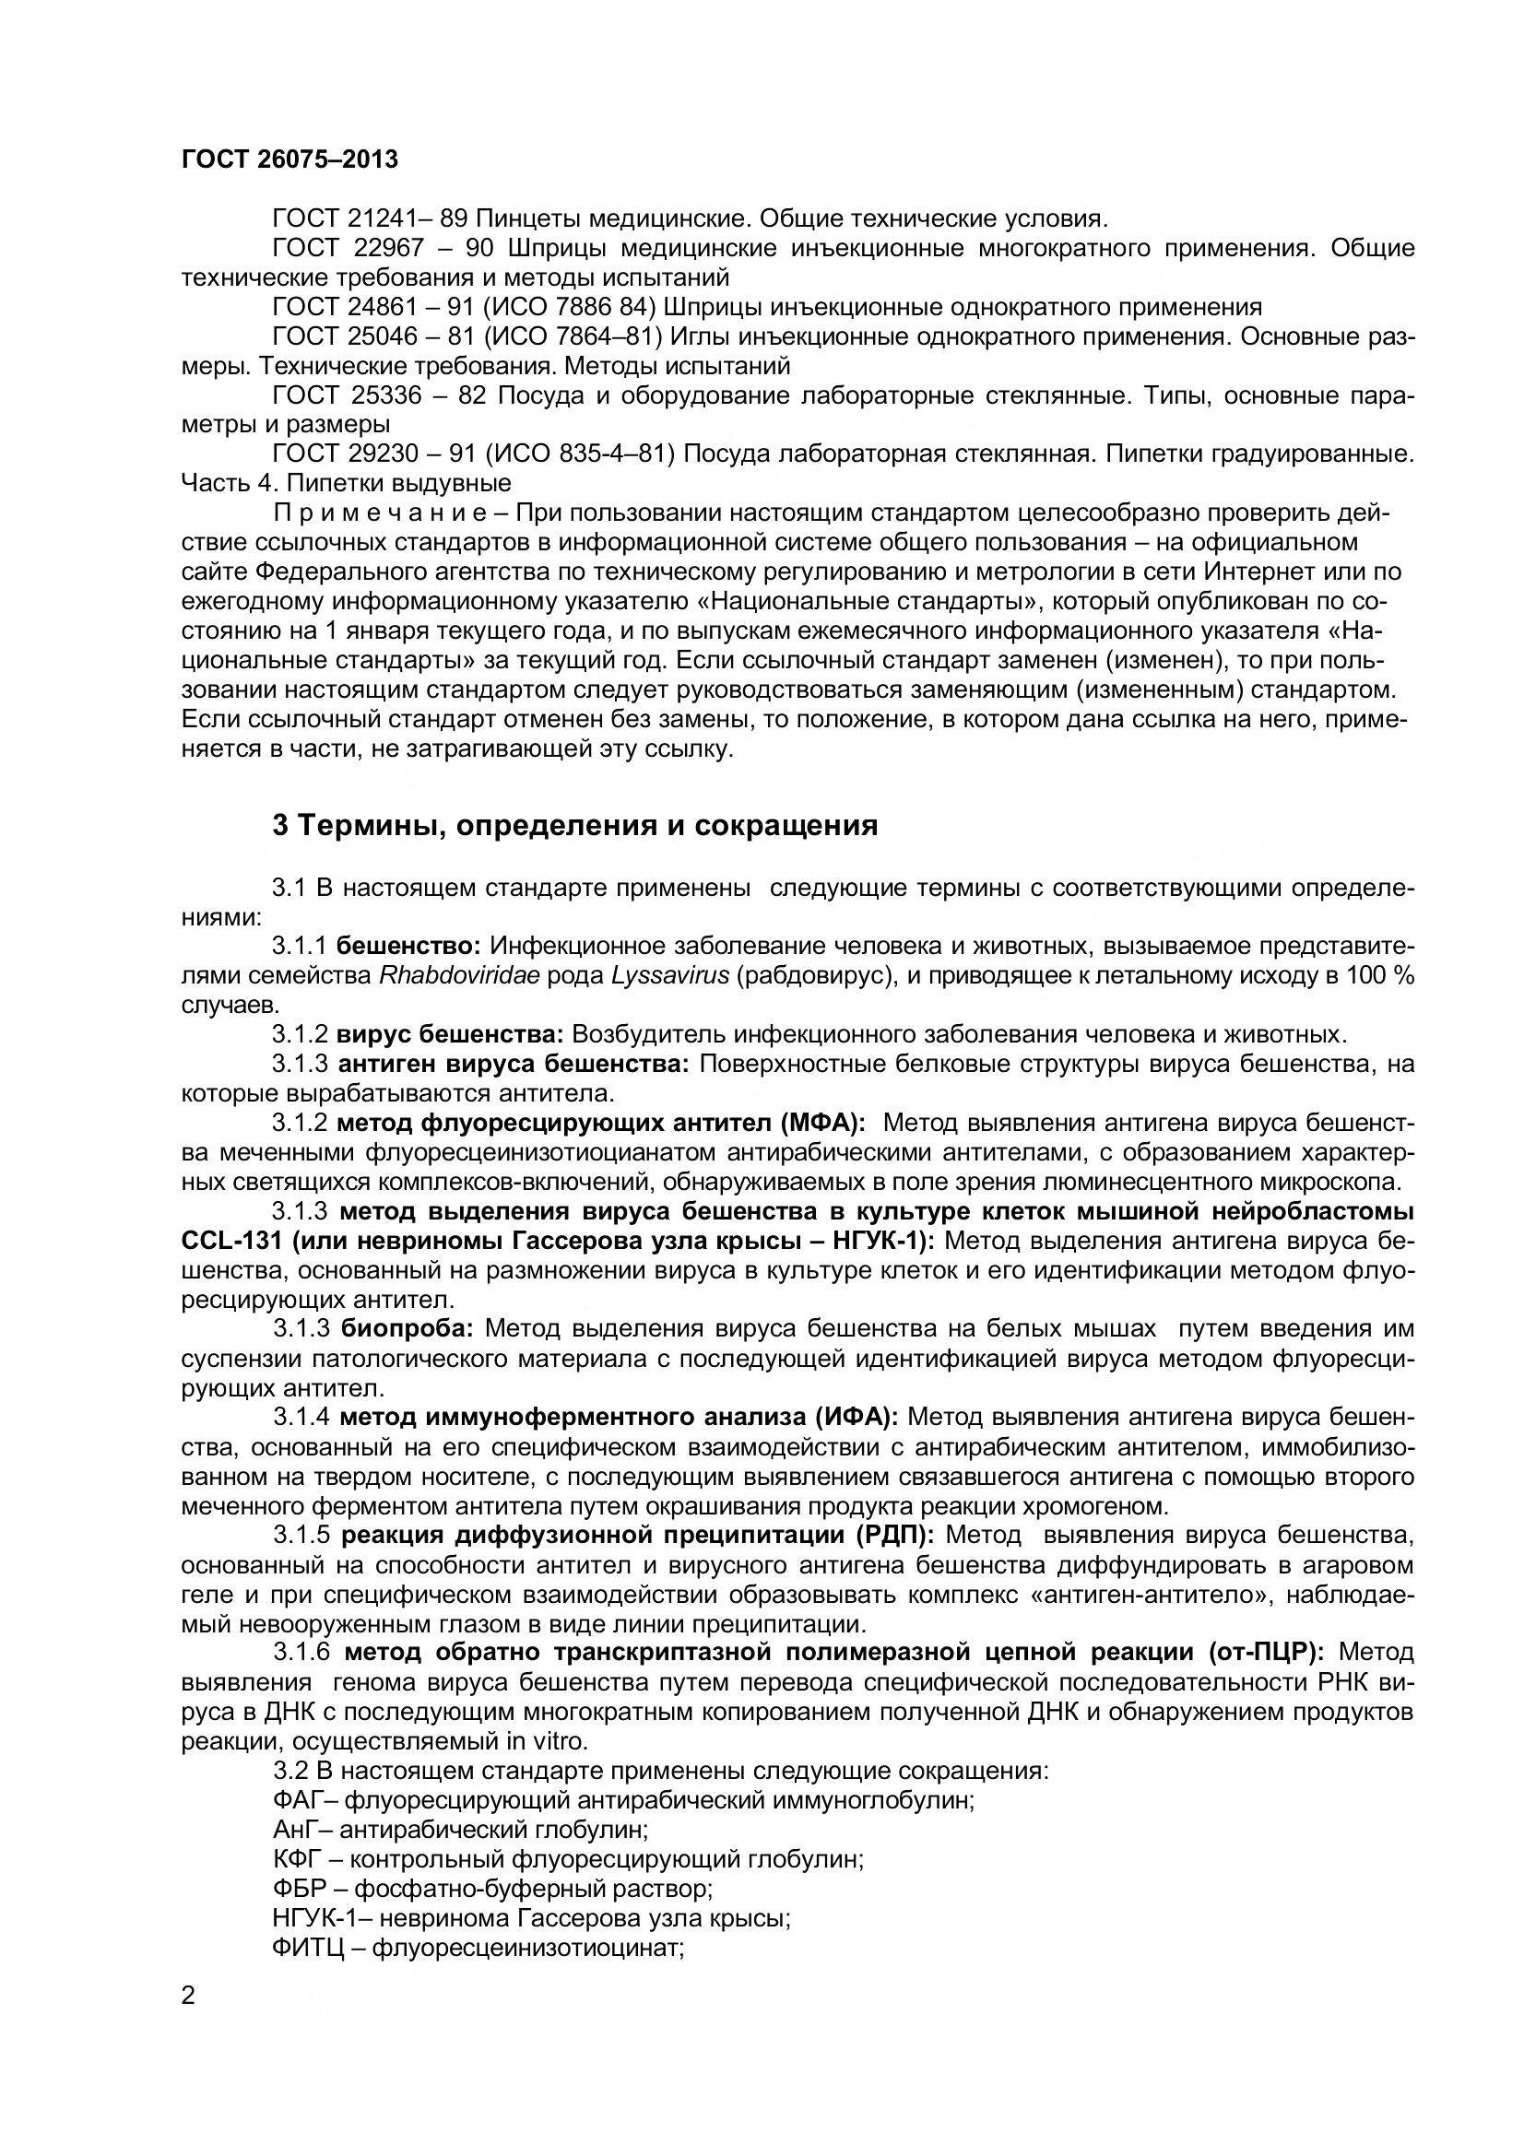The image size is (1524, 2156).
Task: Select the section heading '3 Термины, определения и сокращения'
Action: click(574, 825)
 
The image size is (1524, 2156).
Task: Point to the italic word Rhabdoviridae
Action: click(459, 974)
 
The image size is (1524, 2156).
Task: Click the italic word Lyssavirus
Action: click(669, 974)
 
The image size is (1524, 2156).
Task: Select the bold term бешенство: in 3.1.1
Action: click(408, 946)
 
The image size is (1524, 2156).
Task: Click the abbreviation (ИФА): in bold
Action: click(856, 1416)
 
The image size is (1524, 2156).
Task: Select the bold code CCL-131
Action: click(231, 1241)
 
